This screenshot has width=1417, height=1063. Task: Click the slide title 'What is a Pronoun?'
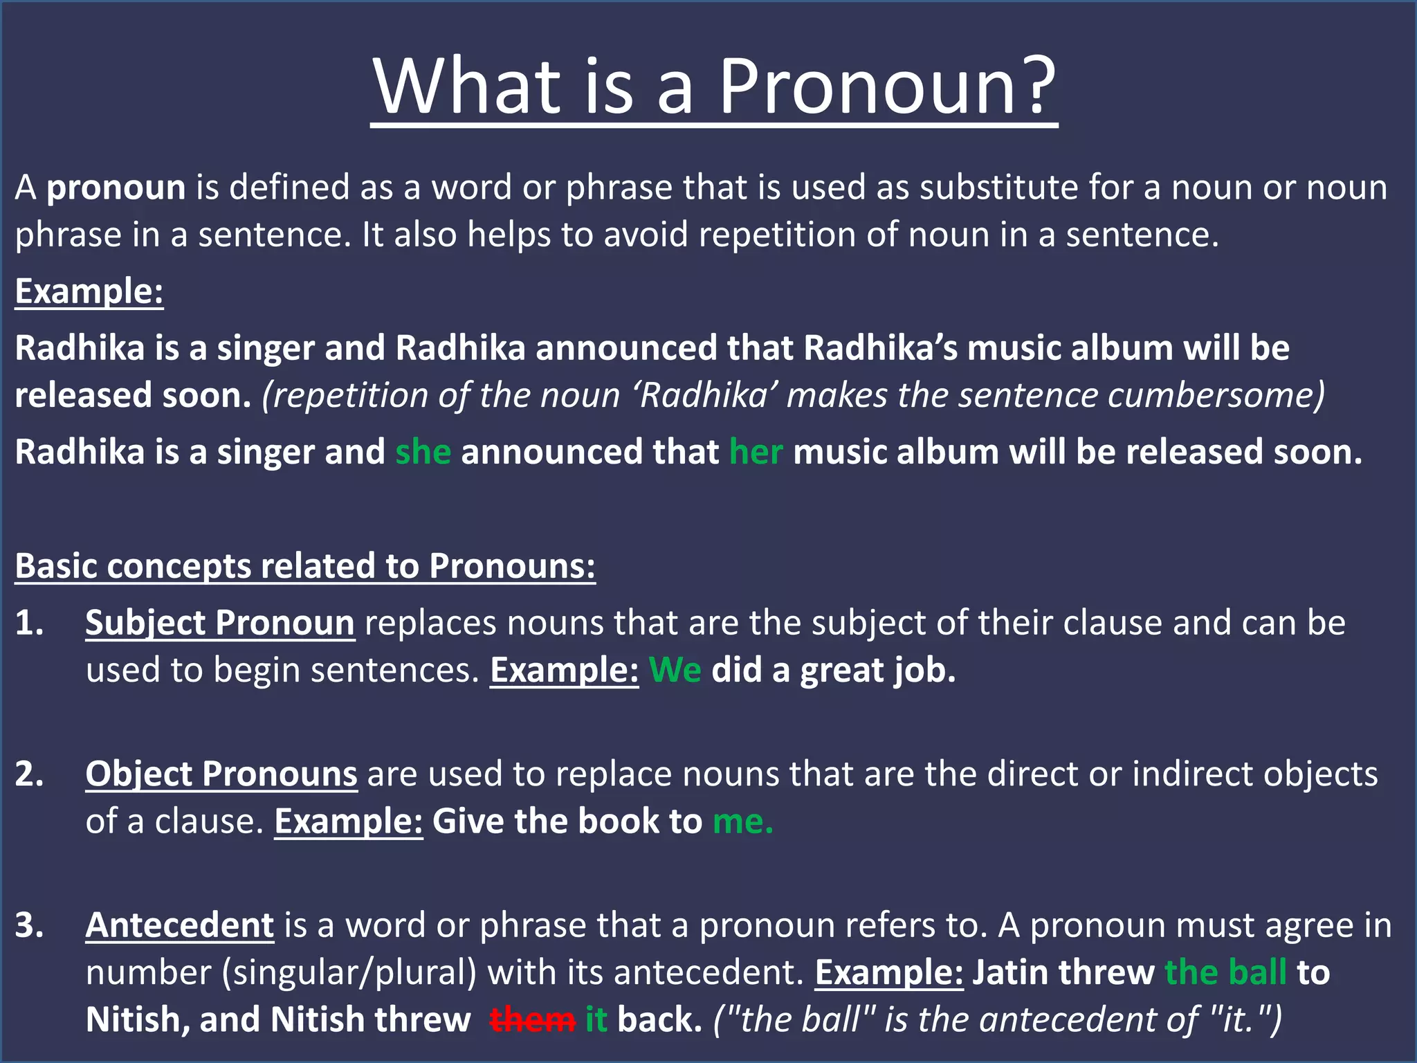[714, 87]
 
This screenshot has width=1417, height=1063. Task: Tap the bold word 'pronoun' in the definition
[116, 188]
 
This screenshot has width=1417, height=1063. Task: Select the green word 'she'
[423, 452]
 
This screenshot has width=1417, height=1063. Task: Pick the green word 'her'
[756, 452]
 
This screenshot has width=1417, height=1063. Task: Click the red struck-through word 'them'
[532, 1020]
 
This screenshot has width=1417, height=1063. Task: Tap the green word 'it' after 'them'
[596, 1020]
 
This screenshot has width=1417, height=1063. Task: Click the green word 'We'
[675, 671]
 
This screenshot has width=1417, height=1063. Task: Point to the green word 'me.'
[742, 821]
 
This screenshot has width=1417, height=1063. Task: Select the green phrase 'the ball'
[1225, 972]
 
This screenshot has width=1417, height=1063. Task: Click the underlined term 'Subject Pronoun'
[220, 623]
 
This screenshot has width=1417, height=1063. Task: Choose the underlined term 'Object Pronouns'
[221, 774]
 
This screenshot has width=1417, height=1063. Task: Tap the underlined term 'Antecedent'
[180, 925]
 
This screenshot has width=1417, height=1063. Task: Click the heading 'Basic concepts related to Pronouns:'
[305, 566]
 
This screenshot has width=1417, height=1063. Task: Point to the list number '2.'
[30, 774]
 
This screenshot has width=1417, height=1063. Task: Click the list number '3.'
[30, 925]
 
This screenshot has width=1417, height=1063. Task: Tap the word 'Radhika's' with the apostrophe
[880, 348]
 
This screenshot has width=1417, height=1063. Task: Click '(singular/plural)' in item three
[349, 973]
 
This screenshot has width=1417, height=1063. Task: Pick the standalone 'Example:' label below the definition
[89, 291]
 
